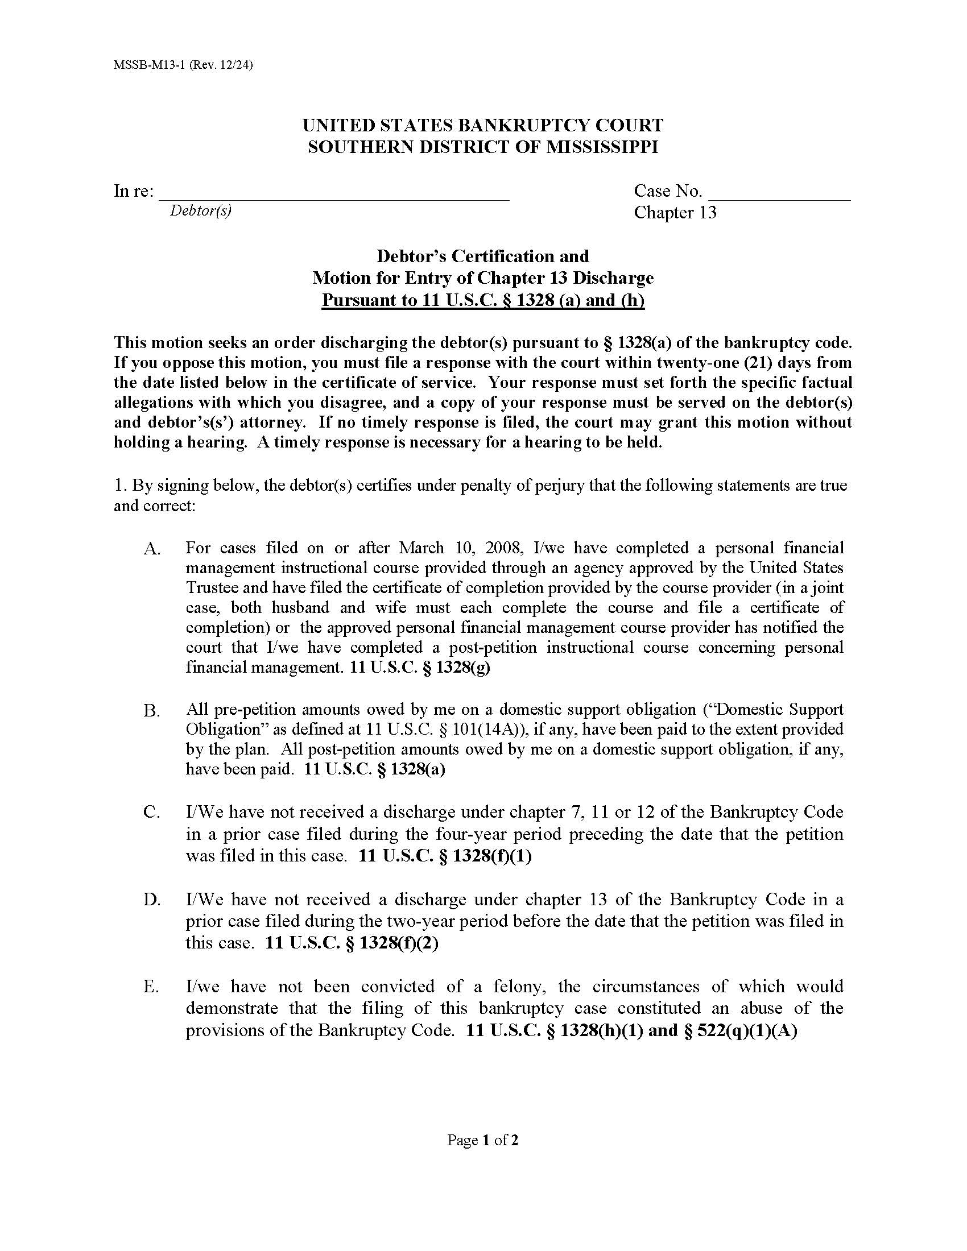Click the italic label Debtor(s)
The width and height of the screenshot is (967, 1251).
(200, 211)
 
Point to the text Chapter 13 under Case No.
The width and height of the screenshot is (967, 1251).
(675, 213)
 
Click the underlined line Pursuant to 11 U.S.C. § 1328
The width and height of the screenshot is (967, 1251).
(483, 300)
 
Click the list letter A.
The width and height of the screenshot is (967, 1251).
(152, 549)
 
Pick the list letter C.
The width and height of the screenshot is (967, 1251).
(151, 813)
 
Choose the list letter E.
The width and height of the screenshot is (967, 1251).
(151, 987)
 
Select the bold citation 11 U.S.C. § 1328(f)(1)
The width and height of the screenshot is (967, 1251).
(445, 856)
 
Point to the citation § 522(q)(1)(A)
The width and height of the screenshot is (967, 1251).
(741, 1030)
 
